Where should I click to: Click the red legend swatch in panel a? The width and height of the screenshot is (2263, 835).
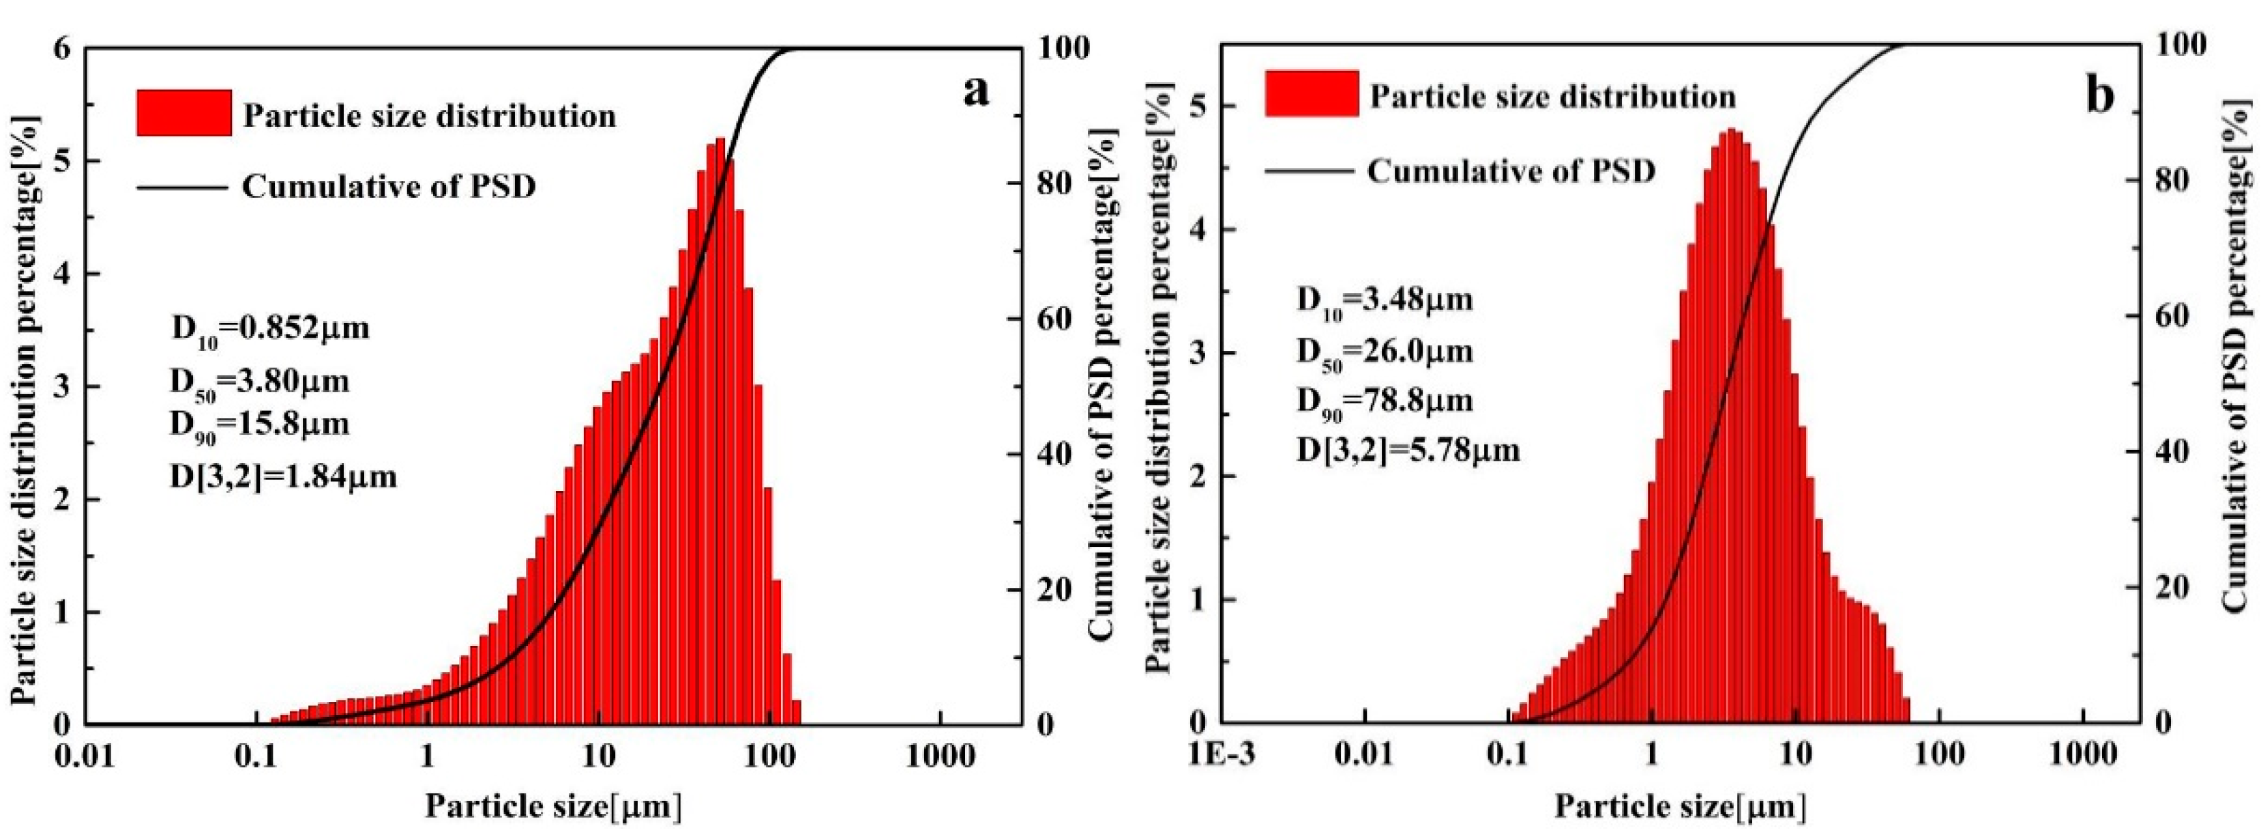point(183,113)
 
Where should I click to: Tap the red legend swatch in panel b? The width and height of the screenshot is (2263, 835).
point(1312,93)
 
